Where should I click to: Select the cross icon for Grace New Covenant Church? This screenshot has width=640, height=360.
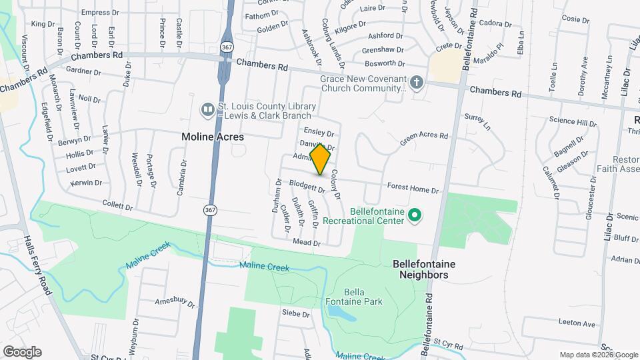[x=417, y=83]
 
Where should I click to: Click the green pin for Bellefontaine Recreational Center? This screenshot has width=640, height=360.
[x=414, y=215]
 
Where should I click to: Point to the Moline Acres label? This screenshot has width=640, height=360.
[x=213, y=137]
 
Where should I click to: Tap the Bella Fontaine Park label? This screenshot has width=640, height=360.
[x=363, y=297]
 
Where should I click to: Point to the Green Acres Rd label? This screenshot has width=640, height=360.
[x=424, y=139]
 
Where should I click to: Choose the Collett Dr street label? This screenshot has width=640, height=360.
[x=119, y=205]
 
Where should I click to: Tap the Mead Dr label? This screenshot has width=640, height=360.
[x=307, y=243]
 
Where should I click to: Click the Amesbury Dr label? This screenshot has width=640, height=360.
[x=174, y=302]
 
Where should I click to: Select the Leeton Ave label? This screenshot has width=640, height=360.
[x=577, y=324]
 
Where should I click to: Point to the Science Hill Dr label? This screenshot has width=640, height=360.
[x=573, y=123]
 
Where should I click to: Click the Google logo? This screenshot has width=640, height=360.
[x=22, y=351]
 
